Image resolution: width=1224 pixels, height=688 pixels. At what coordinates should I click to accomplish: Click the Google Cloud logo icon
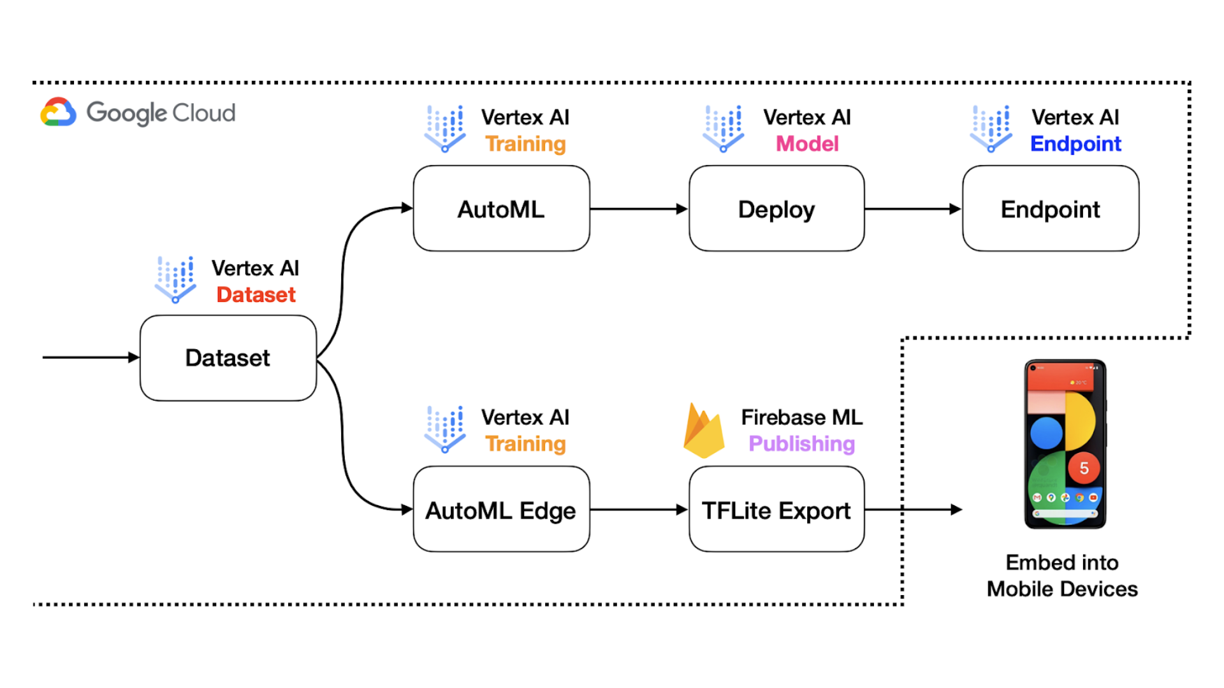click(x=58, y=113)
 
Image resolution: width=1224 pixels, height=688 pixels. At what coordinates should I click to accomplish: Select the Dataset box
click(x=228, y=358)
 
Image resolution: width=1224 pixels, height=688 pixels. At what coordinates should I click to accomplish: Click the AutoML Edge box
click(x=501, y=510)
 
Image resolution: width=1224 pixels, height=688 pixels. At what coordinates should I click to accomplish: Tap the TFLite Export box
click(x=776, y=510)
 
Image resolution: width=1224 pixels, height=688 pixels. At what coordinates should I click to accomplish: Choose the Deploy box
click(x=776, y=209)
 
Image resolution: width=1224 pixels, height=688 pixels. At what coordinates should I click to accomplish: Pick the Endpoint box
click(x=1050, y=209)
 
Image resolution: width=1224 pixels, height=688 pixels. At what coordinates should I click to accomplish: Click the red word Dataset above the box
click(x=256, y=295)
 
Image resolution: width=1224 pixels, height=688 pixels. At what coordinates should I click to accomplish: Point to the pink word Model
click(x=807, y=144)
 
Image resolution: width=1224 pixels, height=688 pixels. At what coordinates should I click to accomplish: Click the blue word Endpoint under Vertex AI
click(x=1075, y=144)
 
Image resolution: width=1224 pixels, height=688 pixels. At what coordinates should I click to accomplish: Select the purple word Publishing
click(x=801, y=443)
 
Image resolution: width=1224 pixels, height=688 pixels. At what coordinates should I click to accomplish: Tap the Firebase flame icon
click(x=703, y=432)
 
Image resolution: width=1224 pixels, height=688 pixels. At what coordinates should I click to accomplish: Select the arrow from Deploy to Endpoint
click(x=912, y=209)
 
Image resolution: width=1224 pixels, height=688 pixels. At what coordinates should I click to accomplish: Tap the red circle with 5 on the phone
click(x=1084, y=469)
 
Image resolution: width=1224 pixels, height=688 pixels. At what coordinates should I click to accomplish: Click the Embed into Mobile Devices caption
click(x=1062, y=576)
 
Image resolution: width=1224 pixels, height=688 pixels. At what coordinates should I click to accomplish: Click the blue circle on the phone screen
click(x=1046, y=433)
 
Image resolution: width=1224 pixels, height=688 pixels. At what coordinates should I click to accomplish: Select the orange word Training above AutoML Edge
click(x=525, y=443)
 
